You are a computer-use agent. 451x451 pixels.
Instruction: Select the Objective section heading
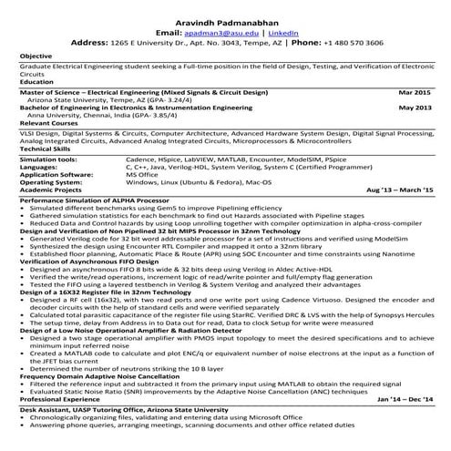[36, 56]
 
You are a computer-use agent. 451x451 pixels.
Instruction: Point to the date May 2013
[414, 108]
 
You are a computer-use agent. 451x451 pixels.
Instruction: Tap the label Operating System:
[50, 182]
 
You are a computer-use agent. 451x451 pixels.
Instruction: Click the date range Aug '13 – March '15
[398, 190]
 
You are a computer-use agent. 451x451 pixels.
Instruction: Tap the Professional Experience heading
[60, 399]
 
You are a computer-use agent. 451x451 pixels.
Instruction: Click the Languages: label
[39, 167]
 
